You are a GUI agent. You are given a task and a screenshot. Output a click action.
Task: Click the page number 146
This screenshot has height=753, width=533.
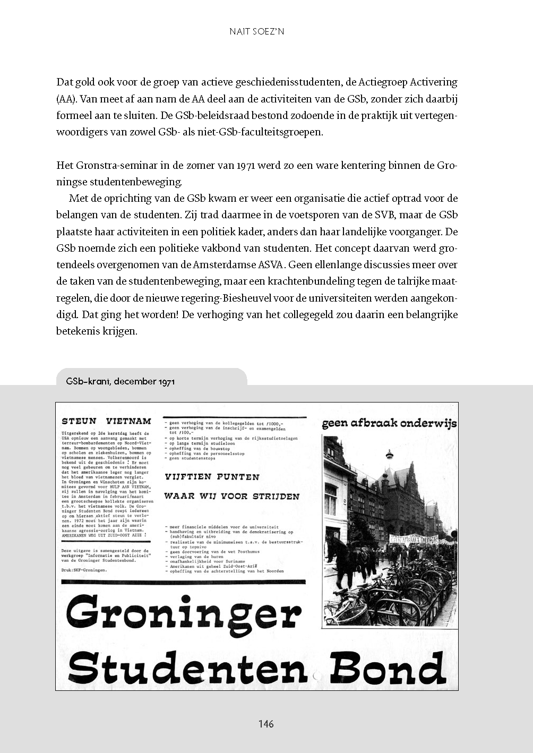(x=266, y=724)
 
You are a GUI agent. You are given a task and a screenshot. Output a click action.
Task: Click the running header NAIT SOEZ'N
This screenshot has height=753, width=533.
(x=257, y=31)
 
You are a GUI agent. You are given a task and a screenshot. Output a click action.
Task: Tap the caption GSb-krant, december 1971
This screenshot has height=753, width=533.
(x=121, y=381)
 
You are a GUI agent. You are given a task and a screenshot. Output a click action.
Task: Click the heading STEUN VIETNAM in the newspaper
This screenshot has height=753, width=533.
(x=106, y=421)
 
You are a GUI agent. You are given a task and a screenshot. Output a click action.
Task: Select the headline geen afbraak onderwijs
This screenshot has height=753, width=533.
(x=389, y=424)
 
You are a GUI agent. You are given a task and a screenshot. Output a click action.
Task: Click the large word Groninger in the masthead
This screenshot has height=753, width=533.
(x=183, y=613)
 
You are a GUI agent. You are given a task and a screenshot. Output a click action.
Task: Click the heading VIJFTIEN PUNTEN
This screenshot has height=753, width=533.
(x=212, y=477)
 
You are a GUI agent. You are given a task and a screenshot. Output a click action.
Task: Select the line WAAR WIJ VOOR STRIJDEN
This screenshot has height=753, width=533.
(x=231, y=497)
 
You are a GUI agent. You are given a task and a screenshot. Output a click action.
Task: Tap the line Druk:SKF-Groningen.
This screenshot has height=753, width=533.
(x=84, y=570)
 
